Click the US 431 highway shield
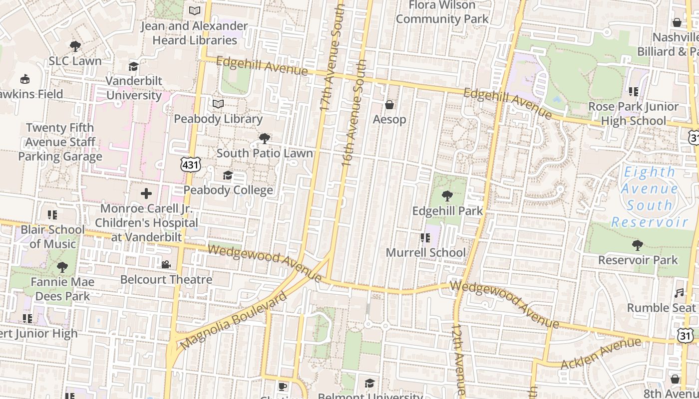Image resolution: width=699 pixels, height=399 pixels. (191, 165)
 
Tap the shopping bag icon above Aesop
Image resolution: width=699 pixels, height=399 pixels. (389, 105)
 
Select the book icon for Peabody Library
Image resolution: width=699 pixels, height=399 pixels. (218, 104)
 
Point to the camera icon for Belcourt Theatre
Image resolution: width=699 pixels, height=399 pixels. (166, 264)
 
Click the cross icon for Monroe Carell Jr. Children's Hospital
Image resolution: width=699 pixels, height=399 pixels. (146, 193)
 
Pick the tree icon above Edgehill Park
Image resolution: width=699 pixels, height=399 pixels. (447, 196)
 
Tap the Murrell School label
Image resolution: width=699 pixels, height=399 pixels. (425, 252)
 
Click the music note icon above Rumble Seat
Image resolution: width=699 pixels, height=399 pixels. (679, 293)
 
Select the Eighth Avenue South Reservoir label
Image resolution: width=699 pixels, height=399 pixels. (650, 197)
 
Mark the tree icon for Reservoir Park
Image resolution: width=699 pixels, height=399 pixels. (638, 245)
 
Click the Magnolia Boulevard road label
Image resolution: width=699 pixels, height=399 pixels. (233, 321)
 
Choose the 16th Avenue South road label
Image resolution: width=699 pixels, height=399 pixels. (355, 113)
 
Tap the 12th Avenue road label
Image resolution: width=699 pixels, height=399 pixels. (459, 359)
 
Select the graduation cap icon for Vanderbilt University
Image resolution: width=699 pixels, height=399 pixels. (133, 66)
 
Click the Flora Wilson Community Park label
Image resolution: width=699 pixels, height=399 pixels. (442, 12)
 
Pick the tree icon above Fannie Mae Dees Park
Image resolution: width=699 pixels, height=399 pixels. (62, 267)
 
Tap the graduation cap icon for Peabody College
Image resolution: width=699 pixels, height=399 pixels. (228, 175)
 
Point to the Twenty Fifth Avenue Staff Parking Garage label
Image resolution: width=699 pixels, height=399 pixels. (60, 142)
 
